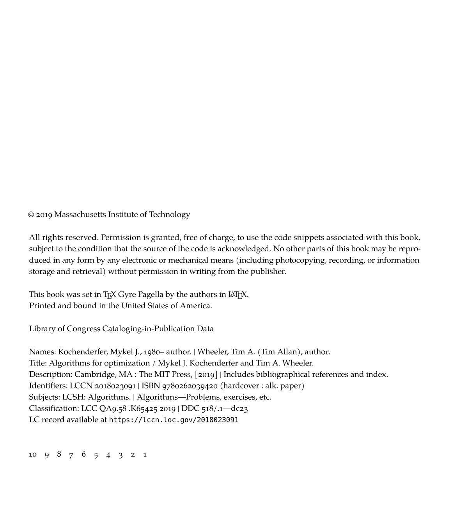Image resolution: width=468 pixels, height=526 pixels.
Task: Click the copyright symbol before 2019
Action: coord(31,215)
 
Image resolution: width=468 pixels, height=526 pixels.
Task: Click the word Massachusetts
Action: coord(80,215)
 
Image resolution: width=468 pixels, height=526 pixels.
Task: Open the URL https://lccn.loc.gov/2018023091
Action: coord(174,420)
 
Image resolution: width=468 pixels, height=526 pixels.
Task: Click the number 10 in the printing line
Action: coord(33,455)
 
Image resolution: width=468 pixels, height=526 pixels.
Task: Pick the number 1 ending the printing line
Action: coord(145,455)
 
